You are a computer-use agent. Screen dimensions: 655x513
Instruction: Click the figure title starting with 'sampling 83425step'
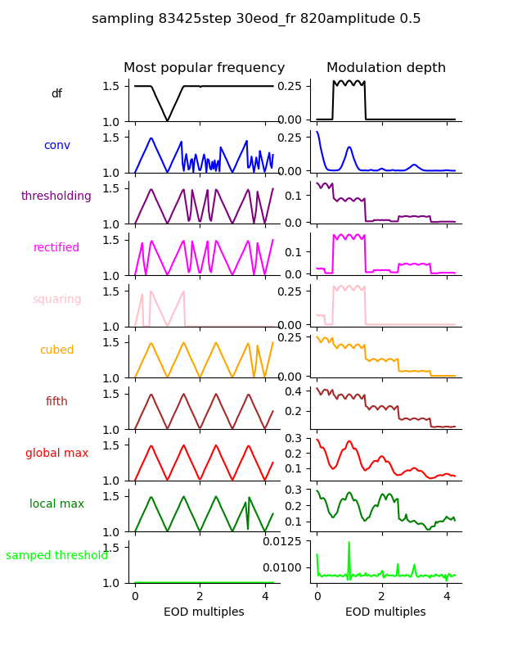(256, 19)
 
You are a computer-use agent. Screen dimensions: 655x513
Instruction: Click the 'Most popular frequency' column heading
(204, 68)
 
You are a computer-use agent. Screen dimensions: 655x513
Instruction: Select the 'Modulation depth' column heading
(385, 68)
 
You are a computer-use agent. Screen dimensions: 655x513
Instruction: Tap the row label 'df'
(56, 94)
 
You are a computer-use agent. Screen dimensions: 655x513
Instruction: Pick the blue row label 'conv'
(56, 145)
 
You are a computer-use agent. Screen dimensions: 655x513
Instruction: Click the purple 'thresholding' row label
(56, 196)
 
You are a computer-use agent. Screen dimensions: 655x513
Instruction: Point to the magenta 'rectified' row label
(56, 248)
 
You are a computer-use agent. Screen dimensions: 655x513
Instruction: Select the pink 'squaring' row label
(56, 299)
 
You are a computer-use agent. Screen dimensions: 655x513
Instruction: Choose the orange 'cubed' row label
(56, 350)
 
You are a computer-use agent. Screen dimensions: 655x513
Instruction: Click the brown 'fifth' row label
(56, 402)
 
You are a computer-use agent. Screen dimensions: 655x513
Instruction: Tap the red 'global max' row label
(56, 453)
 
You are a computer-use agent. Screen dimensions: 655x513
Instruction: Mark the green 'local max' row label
(56, 504)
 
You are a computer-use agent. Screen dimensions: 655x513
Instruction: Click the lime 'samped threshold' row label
(56, 556)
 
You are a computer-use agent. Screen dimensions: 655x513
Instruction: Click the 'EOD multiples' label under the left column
(204, 612)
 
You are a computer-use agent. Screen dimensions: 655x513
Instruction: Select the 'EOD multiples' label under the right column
(385, 612)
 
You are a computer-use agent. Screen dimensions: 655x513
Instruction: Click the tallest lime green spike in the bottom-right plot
(349, 543)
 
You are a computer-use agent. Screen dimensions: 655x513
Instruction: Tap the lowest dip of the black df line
(168, 120)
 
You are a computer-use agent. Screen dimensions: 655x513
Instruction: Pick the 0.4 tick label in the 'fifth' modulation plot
(295, 391)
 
